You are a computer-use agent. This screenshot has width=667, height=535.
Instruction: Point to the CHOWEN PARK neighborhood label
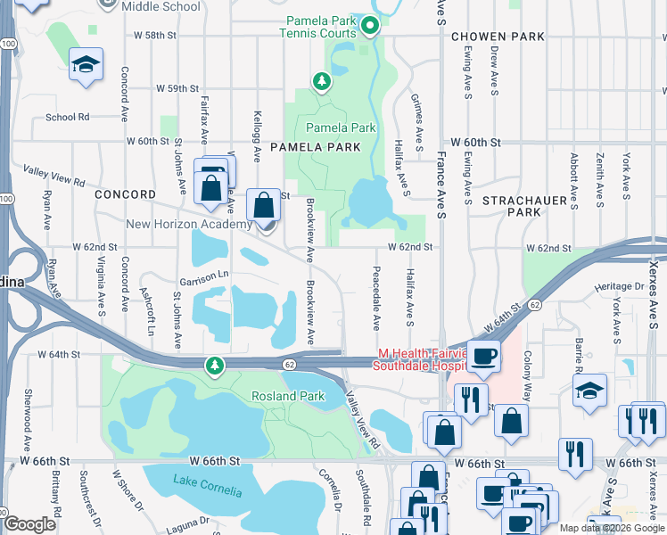click(498, 37)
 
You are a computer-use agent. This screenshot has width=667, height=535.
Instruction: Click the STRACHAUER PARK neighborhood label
click(524, 207)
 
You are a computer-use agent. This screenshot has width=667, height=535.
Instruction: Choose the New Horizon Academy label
click(188, 225)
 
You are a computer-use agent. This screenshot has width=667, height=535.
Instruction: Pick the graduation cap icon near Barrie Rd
click(589, 391)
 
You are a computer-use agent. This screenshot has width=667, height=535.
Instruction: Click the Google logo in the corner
click(29, 524)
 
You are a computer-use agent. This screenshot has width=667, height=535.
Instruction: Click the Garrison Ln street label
click(204, 275)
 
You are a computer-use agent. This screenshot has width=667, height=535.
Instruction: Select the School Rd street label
click(68, 117)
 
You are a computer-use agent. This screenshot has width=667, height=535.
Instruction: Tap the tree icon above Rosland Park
click(214, 365)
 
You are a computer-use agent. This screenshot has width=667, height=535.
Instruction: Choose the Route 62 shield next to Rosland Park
click(290, 364)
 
